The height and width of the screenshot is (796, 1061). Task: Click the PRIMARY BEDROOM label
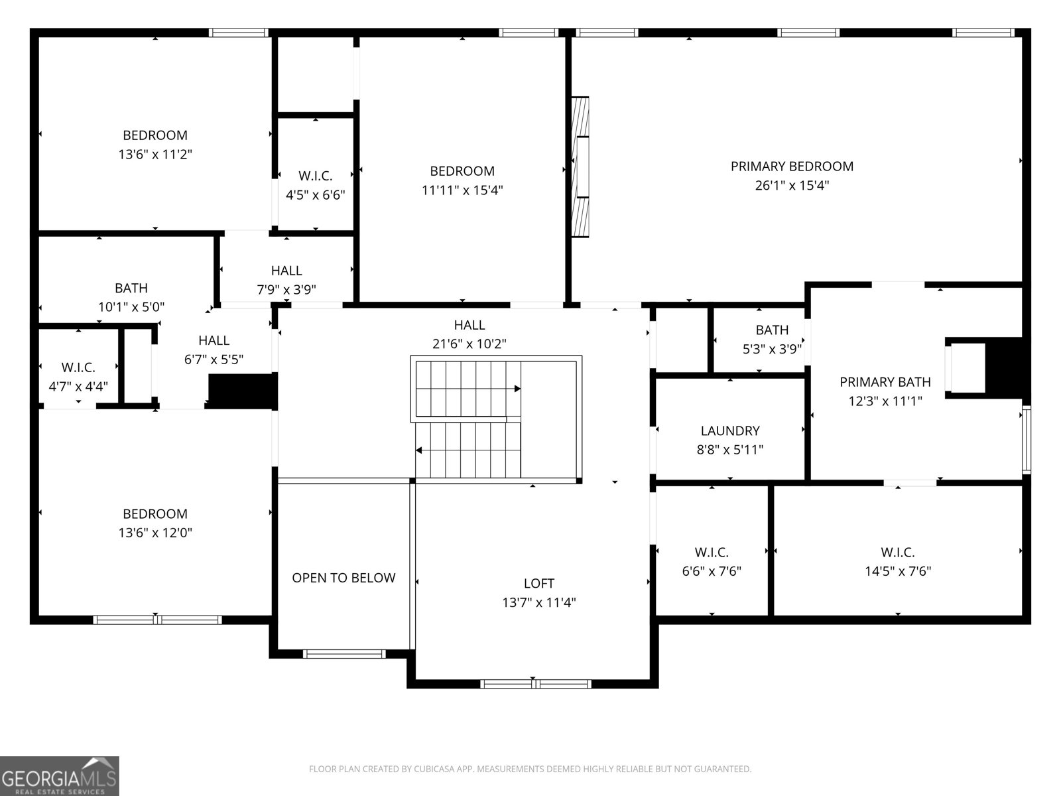click(792, 166)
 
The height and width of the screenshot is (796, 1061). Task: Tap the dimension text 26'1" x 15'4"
click(792, 185)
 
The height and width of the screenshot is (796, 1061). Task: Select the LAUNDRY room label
click(729, 431)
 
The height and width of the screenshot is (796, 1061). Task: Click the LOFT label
click(538, 583)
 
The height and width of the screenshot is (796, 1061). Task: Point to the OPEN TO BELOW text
click(343, 578)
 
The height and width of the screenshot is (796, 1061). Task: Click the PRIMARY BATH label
click(885, 382)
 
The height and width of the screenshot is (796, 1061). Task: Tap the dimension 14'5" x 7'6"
click(897, 571)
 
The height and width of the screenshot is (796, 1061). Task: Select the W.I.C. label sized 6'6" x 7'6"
click(712, 552)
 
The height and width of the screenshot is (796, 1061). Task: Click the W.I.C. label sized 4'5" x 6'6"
click(315, 176)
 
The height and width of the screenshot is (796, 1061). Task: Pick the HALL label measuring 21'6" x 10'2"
click(469, 325)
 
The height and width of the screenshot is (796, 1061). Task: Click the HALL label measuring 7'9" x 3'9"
click(286, 271)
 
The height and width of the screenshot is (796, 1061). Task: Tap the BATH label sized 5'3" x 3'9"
click(772, 330)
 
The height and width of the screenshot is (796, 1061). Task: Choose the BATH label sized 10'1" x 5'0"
click(131, 288)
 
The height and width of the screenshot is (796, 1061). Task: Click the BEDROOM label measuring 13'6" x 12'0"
click(155, 514)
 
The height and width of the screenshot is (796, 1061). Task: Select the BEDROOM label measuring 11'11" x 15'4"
click(462, 171)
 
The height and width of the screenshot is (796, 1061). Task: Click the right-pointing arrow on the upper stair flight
click(517, 389)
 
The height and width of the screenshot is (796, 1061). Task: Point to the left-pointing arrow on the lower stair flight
click(420, 450)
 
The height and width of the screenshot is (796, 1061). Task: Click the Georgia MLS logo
click(59, 776)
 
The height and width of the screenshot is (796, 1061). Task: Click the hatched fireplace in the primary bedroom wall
click(580, 167)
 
